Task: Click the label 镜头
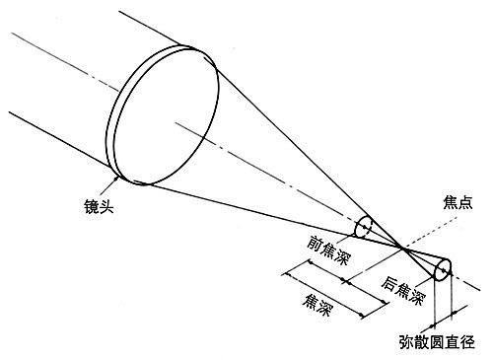click(102, 209)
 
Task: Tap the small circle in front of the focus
click(364, 228)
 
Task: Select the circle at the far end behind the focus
click(442, 269)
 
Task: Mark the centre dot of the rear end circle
click(442, 269)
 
